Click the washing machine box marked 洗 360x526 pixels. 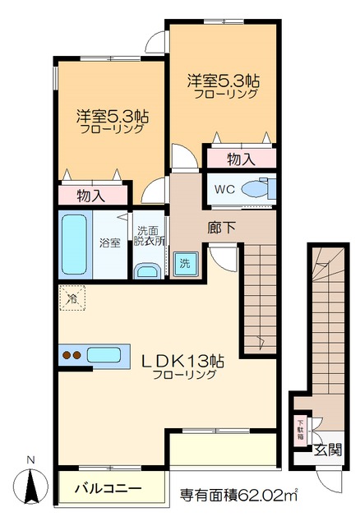(x=185, y=264)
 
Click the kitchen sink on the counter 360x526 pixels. (x=104, y=356)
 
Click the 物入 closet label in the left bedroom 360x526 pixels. (x=92, y=196)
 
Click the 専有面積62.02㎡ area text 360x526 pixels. (x=238, y=495)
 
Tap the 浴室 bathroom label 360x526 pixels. (x=110, y=243)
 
